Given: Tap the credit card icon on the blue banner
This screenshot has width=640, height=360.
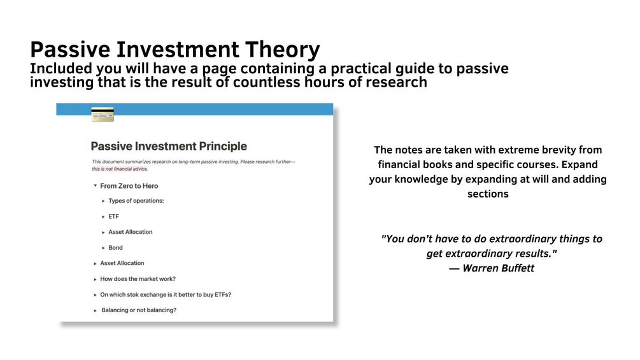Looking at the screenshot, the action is (103, 114).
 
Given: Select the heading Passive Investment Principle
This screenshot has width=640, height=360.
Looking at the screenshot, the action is (169, 146).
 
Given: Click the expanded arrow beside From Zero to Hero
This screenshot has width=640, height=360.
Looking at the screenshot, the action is (95, 185).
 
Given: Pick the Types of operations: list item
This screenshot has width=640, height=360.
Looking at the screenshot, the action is (136, 201).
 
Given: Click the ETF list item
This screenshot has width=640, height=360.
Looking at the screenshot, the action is (113, 217).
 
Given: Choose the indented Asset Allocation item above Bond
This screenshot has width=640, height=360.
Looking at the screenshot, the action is (130, 232).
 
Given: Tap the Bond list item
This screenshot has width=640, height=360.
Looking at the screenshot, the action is (115, 248).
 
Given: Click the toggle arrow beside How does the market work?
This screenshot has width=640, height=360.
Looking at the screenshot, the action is (95, 280).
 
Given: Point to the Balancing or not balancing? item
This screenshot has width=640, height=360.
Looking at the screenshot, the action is (139, 310).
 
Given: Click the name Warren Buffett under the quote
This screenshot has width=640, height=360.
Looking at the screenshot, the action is (498, 268).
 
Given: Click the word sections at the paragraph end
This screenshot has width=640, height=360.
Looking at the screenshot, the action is (488, 194).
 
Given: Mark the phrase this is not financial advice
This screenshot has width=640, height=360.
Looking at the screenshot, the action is (120, 169).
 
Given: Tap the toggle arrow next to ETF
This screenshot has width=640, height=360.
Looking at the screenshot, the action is (103, 217).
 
